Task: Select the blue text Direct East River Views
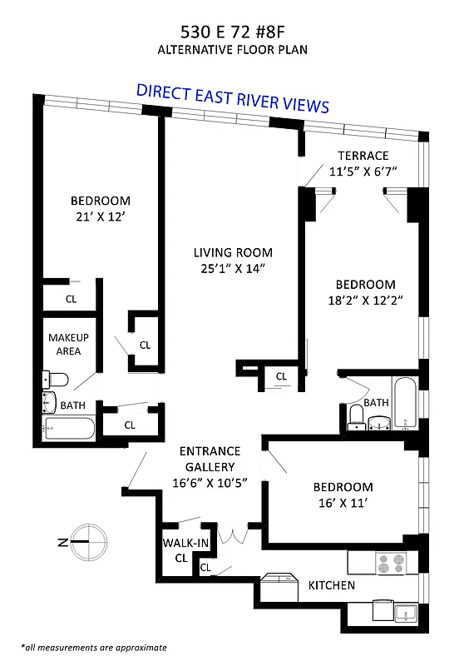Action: pos(232,97)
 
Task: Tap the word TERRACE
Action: pos(363,156)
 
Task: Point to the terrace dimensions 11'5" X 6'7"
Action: pos(363,171)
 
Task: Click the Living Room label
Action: pos(233,252)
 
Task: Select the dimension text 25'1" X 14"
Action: pos(233,268)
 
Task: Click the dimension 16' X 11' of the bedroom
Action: pos(343,503)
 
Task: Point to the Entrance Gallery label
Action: pos(210,459)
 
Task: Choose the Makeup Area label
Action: pos(68,344)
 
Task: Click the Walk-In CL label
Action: pos(181,551)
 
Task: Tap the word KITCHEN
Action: pos(332,585)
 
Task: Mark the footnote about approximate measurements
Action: pos(94,647)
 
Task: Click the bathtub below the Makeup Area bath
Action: pos(69,429)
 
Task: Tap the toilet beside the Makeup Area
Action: pos(55,380)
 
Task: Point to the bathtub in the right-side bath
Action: pos(406,403)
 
